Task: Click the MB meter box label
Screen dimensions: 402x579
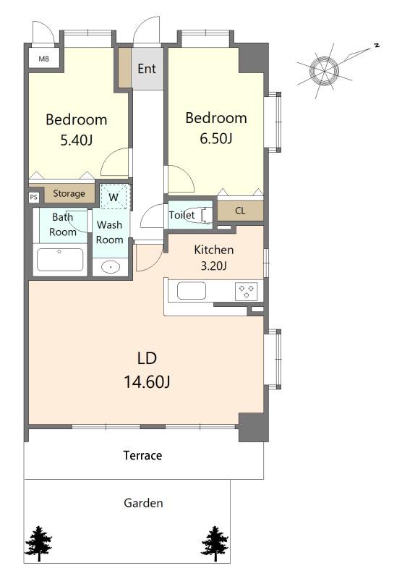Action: tap(44, 59)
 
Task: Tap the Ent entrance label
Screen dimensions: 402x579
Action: tap(147, 69)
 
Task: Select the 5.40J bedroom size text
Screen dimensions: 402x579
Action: tap(77, 140)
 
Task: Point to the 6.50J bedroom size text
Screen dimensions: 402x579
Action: tap(216, 138)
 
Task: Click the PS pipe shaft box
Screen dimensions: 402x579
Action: tap(33, 197)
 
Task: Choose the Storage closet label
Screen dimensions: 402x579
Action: tap(69, 193)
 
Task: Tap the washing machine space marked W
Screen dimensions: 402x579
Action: tap(114, 197)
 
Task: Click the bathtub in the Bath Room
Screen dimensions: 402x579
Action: tap(60, 260)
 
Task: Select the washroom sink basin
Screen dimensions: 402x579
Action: tap(111, 266)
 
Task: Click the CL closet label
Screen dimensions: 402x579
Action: tap(240, 211)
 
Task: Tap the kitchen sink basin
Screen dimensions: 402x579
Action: tap(192, 291)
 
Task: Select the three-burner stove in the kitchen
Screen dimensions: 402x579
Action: tap(247, 291)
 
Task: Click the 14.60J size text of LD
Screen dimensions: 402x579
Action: tap(147, 382)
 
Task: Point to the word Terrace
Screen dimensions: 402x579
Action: tap(142, 455)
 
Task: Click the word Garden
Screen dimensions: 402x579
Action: tap(143, 503)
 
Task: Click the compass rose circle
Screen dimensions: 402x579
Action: tap(324, 70)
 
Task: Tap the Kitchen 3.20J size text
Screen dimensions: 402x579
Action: tap(213, 266)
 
